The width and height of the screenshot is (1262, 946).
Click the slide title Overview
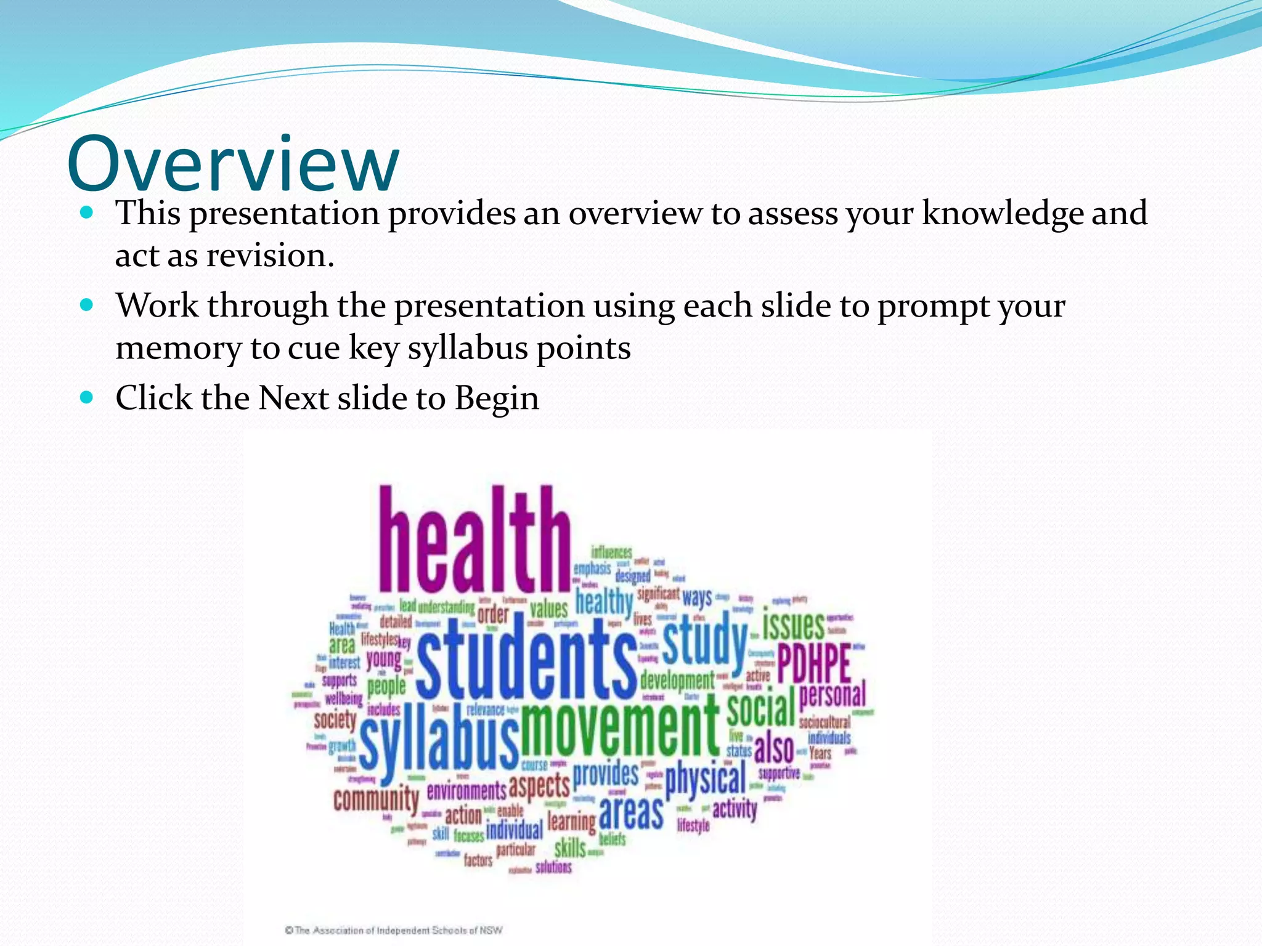click(233, 164)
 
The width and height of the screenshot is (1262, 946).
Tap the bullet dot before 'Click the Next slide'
click(87, 397)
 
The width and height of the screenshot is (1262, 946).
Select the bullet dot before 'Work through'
click(87, 305)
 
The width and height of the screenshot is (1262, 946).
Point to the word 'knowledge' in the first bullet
click(1002, 213)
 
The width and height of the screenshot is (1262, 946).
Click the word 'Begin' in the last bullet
click(497, 398)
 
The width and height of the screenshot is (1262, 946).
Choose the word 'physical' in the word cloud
click(705, 779)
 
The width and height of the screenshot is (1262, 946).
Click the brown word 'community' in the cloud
click(376, 799)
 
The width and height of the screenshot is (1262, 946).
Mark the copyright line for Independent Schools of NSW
click(394, 930)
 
